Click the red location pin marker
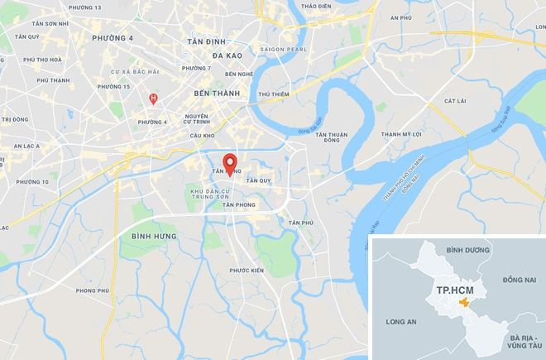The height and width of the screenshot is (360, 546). pos(230,161)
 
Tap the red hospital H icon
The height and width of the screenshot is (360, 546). pos(152,98)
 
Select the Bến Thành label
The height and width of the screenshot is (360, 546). pos(216,94)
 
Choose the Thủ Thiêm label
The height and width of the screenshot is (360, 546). pos(273,94)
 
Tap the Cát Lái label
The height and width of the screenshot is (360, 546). pos(455,101)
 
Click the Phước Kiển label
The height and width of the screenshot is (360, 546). pos(246,271)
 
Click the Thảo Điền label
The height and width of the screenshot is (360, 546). pos(316,6)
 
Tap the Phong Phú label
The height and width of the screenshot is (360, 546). pos(92,290)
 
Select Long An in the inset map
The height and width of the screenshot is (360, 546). pos(401,323)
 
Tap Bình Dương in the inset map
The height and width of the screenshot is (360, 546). pos(463,249)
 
